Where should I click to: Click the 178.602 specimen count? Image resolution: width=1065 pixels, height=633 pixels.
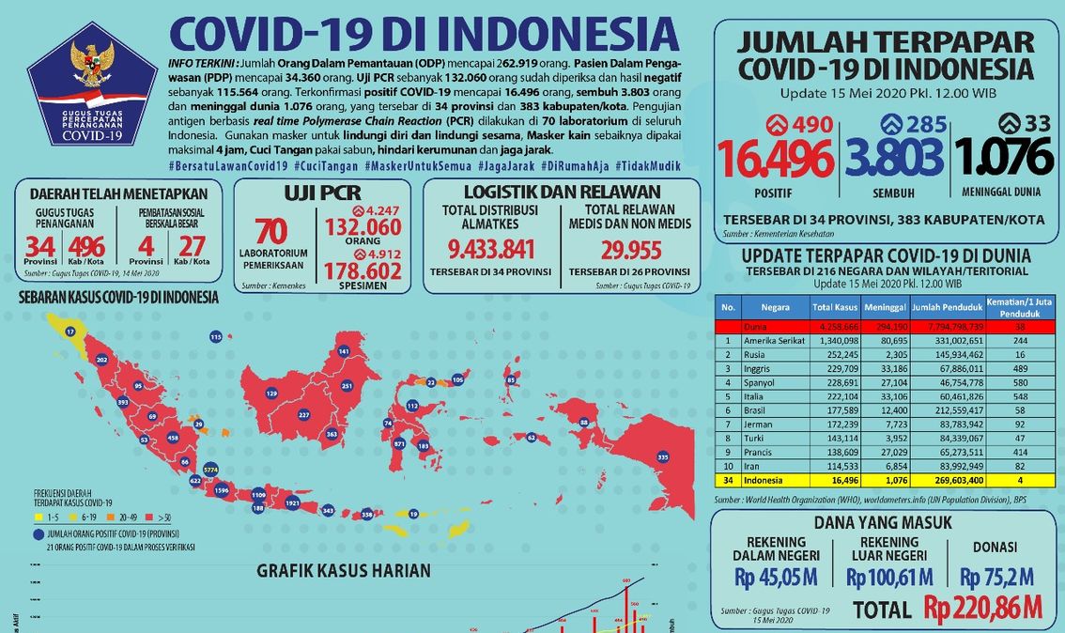click(362, 270)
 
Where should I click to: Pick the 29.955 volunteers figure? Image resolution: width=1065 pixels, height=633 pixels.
click(630, 250)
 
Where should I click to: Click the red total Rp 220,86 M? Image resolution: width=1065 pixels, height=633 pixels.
click(983, 608)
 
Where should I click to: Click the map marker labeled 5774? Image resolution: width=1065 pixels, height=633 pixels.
click(210, 468)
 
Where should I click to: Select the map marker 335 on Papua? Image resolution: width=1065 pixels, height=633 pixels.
click(663, 456)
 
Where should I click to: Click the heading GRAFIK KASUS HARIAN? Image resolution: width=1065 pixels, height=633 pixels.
click(344, 570)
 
